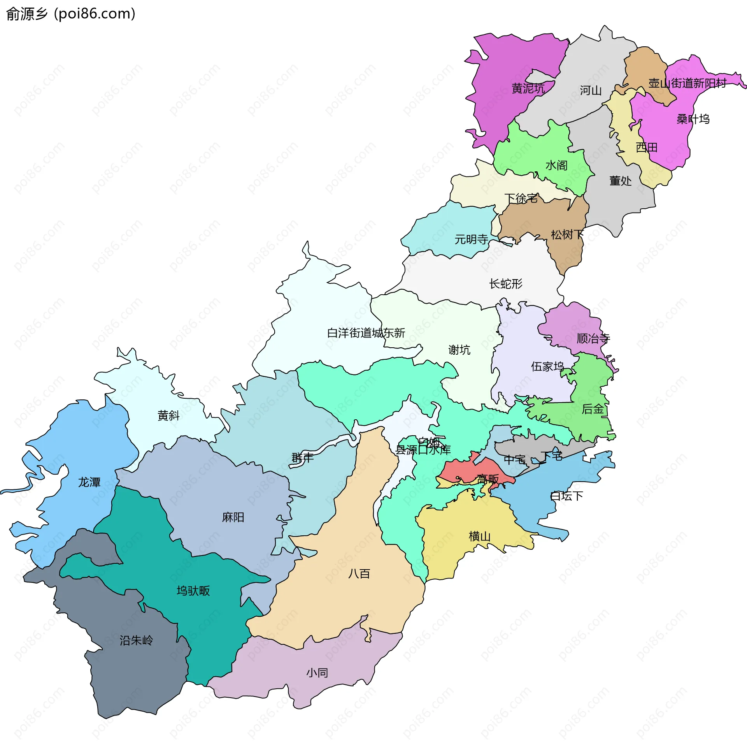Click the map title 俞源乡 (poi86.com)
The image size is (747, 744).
(71, 14)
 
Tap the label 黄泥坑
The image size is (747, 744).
(528, 89)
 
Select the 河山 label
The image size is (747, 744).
(591, 91)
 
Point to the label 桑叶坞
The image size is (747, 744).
(693, 119)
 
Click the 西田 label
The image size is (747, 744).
(647, 148)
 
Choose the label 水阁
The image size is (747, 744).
(556, 165)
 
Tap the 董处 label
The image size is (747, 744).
(620, 181)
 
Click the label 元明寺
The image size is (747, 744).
(471, 239)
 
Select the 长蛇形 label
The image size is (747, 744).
(505, 284)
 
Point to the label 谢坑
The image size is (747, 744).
(459, 350)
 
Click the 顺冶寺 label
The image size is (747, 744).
(593, 339)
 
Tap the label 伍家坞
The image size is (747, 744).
(547, 367)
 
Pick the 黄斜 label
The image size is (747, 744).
(168, 416)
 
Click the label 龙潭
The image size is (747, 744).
(89, 482)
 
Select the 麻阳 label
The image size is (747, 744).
(233, 517)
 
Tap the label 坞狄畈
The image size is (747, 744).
(193, 591)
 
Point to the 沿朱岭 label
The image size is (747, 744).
(136, 640)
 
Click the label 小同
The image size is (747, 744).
(317, 673)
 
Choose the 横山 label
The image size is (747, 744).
(479, 536)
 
